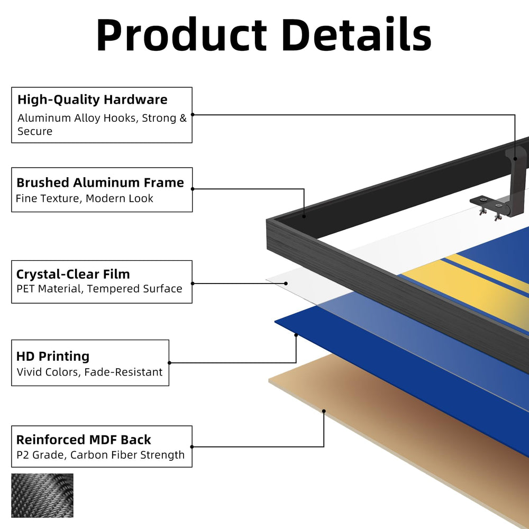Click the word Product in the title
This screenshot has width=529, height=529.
point(181,35)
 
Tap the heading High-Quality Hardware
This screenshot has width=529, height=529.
point(93,99)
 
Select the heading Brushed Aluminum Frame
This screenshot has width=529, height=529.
point(100,183)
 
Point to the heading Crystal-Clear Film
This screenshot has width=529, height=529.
point(73,274)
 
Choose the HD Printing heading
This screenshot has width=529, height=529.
point(53,356)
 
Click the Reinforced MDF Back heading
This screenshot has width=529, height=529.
point(84,440)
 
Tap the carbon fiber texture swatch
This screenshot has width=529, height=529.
point(42,495)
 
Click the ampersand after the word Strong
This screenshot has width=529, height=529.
point(183,118)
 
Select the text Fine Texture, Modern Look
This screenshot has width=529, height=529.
point(84,198)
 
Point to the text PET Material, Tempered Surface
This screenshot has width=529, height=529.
point(99,289)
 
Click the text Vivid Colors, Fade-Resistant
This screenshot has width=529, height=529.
point(89,372)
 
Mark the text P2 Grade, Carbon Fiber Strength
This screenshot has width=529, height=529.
point(101,455)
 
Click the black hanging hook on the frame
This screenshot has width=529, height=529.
point(515,182)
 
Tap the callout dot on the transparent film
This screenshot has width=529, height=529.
point(286,284)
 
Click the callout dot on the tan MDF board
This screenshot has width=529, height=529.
point(324,411)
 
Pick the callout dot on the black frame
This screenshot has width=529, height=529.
point(304,216)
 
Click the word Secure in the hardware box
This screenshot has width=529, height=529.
point(35,131)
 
